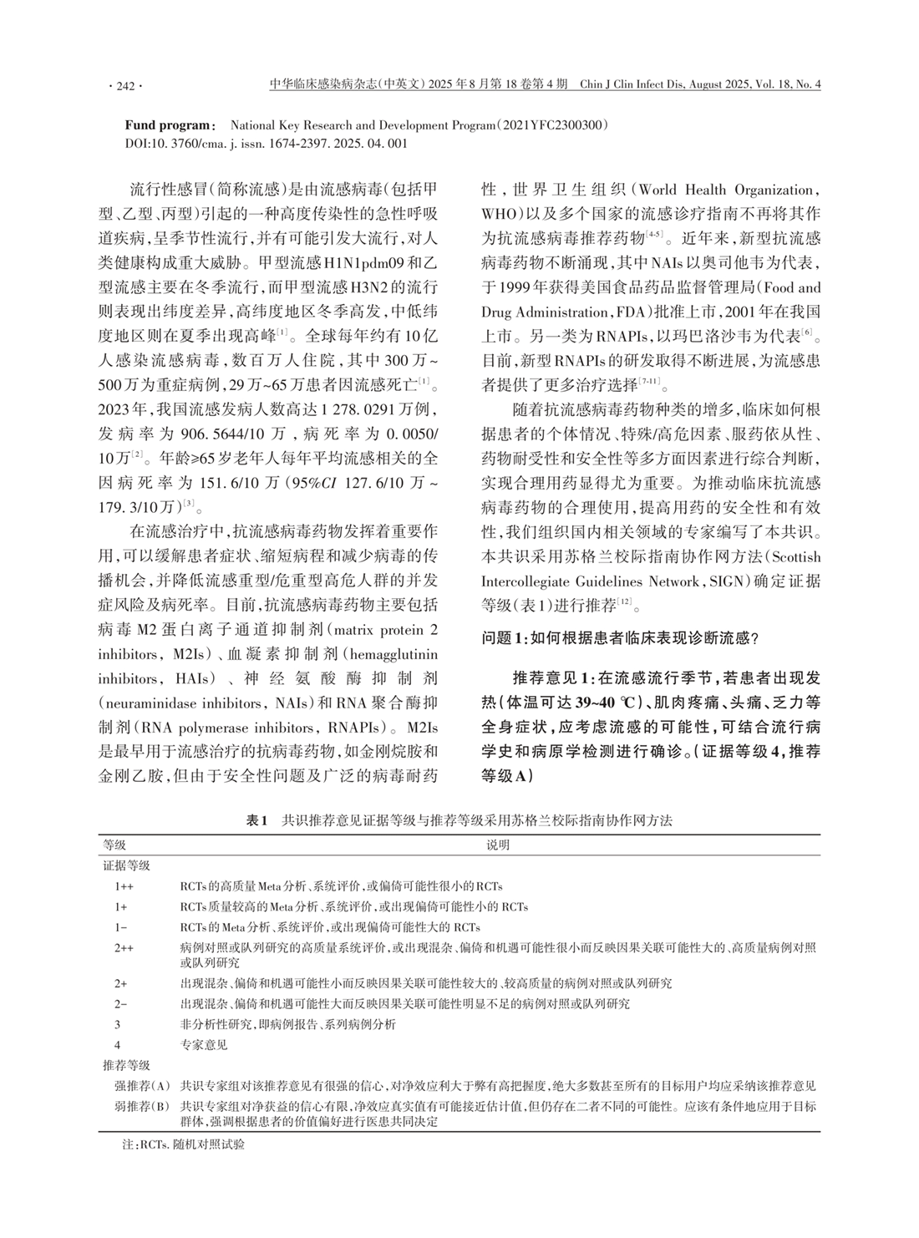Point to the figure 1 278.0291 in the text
[367, 411]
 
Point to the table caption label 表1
[256, 821]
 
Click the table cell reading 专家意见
[204, 1044]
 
